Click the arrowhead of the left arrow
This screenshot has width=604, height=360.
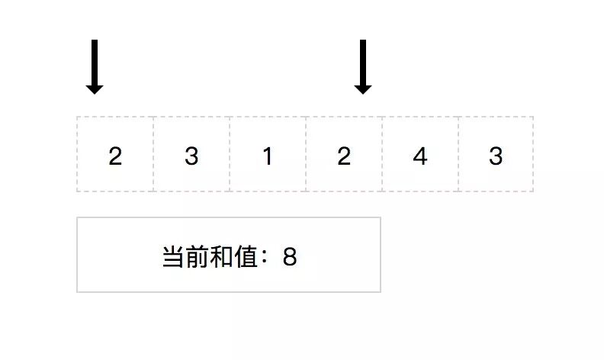95,88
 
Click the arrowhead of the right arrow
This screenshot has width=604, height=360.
363,88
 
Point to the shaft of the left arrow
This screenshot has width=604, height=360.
95,61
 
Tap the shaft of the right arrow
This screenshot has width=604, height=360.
363,61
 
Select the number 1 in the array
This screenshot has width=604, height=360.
268,156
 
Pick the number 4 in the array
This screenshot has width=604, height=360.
419,156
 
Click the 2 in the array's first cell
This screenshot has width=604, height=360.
115,156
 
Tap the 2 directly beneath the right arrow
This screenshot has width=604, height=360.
344,156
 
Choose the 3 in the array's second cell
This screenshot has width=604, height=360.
191,156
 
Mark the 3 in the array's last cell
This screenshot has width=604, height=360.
496,156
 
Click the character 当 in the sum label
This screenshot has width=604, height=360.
172,257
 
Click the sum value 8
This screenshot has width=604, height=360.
289,257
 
